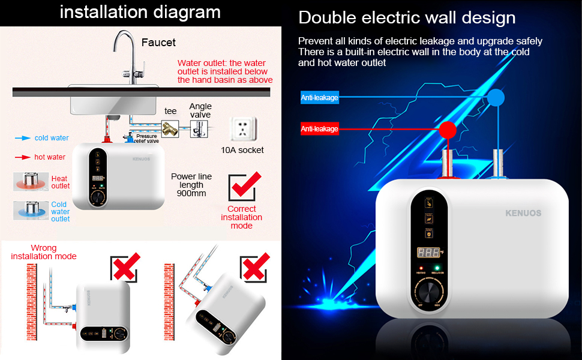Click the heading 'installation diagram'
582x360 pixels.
140,12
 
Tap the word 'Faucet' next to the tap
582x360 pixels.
158,43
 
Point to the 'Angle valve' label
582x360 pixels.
200,110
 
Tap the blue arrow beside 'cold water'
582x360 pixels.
22,138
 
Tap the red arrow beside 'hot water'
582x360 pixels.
22,157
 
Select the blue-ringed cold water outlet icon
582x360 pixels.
30,211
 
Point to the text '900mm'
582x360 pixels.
191,194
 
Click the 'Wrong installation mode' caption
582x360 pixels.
44,252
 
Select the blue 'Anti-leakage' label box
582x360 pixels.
320,98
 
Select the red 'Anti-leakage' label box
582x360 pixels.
319,128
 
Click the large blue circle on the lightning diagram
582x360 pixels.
496,97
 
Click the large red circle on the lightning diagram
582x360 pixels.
446,129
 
